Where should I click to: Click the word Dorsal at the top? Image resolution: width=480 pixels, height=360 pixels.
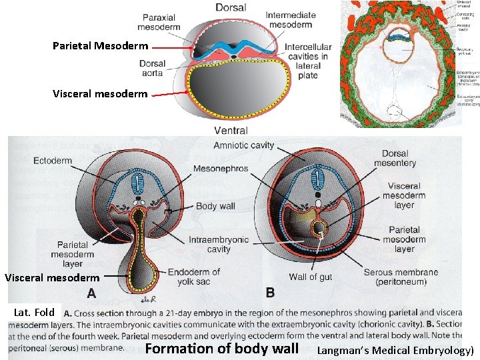pyautogui.click(x=231, y=8)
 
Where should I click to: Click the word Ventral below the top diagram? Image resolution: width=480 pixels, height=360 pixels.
pyautogui.click(x=231, y=131)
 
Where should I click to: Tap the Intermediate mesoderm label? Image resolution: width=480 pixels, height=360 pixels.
pyautogui.click(x=291, y=21)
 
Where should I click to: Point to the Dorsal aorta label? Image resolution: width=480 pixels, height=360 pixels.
pyautogui.click(x=153, y=69)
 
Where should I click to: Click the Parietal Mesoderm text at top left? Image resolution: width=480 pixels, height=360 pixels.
pyautogui.click(x=101, y=46)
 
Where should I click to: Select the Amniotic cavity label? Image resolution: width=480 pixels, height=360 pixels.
pyautogui.click(x=243, y=145)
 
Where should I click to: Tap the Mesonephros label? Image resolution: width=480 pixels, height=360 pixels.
pyautogui.click(x=221, y=169)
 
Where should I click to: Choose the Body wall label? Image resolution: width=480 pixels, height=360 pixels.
pyautogui.click(x=215, y=206)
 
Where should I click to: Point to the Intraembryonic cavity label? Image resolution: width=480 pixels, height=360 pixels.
pyautogui.click(x=219, y=245)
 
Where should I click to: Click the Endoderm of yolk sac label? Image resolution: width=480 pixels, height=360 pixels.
pyautogui.click(x=193, y=277)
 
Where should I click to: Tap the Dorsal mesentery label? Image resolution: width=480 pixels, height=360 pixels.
pyautogui.click(x=395, y=157)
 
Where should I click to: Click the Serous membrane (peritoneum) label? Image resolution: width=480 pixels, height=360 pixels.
pyautogui.click(x=401, y=277)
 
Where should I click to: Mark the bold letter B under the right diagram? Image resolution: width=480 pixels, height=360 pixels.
pyautogui.click(x=270, y=293)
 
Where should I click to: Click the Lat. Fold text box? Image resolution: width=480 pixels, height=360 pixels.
pyautogui.click(x=34, y=312)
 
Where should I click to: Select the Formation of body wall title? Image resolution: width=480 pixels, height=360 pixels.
pyautogui.click(x=221, y=349)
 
